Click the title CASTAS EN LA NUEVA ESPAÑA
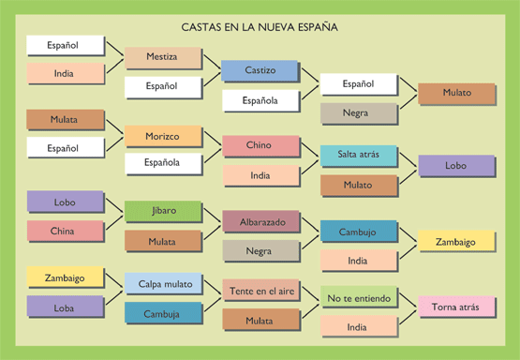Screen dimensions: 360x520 260,27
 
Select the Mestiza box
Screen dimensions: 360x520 163,58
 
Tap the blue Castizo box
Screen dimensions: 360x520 260,71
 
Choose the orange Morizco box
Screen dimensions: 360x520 163,136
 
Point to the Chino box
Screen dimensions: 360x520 260,146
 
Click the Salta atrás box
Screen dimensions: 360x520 358,156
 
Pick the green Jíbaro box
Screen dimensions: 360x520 163,211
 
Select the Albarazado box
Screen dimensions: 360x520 260,221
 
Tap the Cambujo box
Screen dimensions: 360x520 358,231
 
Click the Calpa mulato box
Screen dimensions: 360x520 163,284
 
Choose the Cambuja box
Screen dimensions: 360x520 163,313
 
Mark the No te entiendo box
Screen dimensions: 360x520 358,299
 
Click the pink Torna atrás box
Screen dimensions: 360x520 456,307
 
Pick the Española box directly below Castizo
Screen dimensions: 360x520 260,100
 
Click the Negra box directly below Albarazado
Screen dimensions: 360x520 260,250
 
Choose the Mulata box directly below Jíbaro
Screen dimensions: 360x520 163,241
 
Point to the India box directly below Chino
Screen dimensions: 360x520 260,175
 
